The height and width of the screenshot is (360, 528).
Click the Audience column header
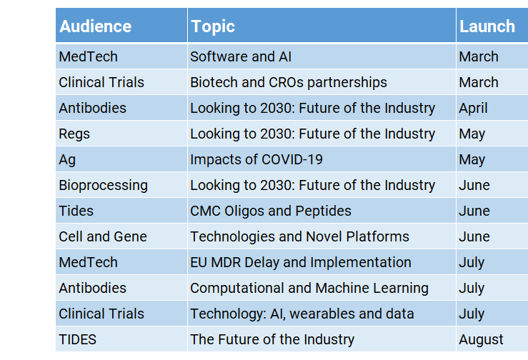pos(121,26)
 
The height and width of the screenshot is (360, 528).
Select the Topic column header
pos(322,26)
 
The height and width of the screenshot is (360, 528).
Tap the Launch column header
pos(492,26)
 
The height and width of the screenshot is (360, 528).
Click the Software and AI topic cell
pos(322,56)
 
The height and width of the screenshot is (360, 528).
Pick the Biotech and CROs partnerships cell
pos(322,82)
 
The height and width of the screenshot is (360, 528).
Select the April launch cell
pos(492,108)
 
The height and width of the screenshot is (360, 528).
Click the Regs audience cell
pos(121,134)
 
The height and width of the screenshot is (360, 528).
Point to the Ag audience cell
pos(121,159)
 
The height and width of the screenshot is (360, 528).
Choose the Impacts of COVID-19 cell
pos(322,159)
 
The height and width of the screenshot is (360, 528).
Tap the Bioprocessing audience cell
pos(121,185)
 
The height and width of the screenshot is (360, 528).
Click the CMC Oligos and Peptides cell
pos(322,211)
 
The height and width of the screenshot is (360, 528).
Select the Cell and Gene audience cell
pos(121,236)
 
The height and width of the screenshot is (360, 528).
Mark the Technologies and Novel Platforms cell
pos(322,236)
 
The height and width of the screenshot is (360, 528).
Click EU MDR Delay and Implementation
pos(322,262)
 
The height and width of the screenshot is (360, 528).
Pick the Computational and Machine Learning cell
pos(322,288)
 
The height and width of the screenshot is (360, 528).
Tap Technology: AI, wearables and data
pos(322,314)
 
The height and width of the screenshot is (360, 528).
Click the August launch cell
pos(492,339)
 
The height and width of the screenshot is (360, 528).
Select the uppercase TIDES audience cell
pos(121,339)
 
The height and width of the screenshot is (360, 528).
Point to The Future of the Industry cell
pos(322,339)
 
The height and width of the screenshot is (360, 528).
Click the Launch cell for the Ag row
pos(492,159)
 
